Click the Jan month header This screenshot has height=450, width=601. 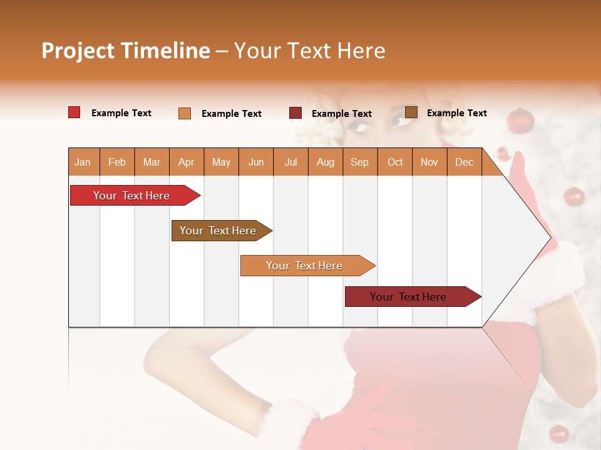point(83,162)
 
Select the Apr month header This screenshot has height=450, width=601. point(186,162)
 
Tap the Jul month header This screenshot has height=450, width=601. point(290,162)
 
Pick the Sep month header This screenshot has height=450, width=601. point(359,162)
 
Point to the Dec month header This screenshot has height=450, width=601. point(464,162)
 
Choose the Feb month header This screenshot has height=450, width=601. point(117,162)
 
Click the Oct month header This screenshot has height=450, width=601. point(395,162)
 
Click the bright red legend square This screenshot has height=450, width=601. point(74,112)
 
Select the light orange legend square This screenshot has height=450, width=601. point(185,113)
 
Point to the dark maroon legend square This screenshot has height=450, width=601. point(295,112)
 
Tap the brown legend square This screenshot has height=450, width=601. point(411,112)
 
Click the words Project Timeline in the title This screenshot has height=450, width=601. point(125,51)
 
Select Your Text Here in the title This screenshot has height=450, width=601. point(309,51)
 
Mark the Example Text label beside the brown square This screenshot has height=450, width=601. point(456,113)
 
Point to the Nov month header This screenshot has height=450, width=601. point(429,162)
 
